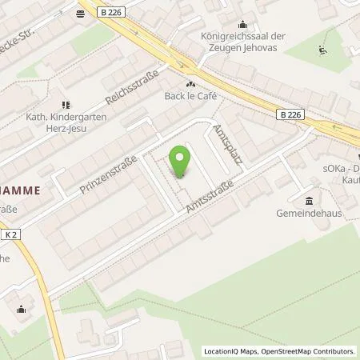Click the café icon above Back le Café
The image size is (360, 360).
pos(190,83)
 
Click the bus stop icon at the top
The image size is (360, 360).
pos(81,14)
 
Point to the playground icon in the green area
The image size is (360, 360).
pos(322,50)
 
